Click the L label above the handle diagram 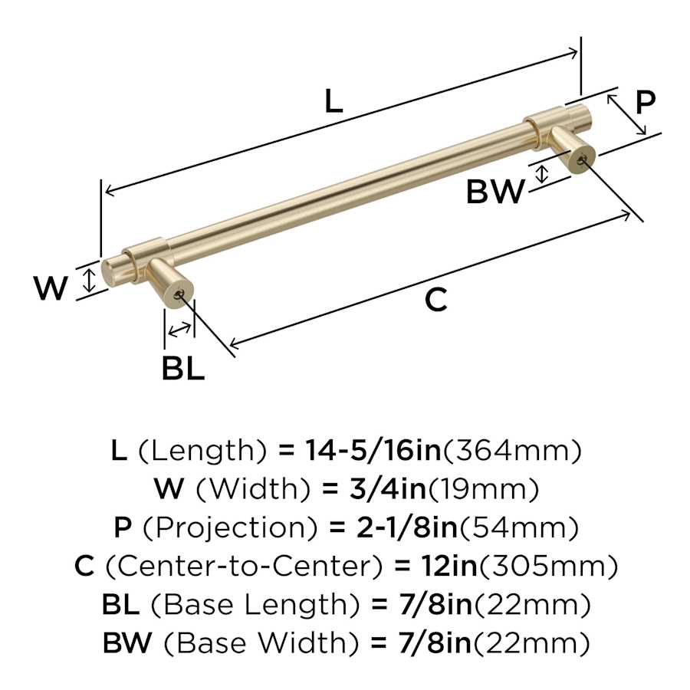(332, 100)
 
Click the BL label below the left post (183, 369)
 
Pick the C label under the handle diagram (435, 301)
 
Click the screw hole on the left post (180, 294)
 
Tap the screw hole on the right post (581, 159)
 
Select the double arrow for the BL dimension (180, 330)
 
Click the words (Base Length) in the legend (254, 604)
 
